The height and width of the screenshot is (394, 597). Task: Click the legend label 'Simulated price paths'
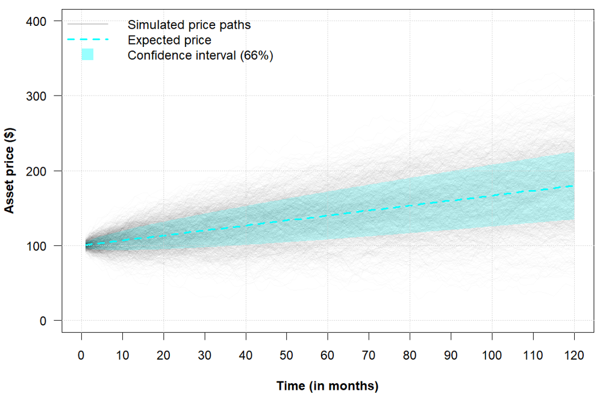pos(189,25)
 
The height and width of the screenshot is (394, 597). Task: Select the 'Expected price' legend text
pos(169,40)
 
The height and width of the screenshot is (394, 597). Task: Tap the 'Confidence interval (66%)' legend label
pos(201,55)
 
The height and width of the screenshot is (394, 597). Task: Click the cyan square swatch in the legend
pos(87,54)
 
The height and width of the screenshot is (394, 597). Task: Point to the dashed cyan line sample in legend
pos(87,40)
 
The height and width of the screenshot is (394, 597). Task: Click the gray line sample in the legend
pos(87,24)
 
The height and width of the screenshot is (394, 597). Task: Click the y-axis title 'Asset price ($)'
pos(10,171)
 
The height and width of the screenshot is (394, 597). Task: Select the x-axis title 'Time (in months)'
pos(327,385)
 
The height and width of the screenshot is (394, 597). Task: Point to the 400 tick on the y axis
pos(37,21)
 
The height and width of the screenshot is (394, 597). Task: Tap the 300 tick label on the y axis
pos(37,96)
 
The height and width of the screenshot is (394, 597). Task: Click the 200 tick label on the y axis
pos(37,171)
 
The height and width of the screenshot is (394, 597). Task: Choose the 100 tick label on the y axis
pos(37,245)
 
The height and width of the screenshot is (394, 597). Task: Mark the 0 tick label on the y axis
pos(43,321)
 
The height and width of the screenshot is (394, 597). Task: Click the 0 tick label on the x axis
pos(81,356)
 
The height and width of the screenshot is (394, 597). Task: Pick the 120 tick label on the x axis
pos(574,356)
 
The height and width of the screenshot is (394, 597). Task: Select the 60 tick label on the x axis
pos(328,356)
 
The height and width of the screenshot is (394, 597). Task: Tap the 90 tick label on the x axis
pos(451,356)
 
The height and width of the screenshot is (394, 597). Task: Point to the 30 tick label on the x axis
pos(205,356)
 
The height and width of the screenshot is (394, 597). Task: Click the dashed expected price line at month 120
pos(574,186)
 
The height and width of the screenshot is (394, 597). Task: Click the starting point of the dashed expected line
pos(86,245)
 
